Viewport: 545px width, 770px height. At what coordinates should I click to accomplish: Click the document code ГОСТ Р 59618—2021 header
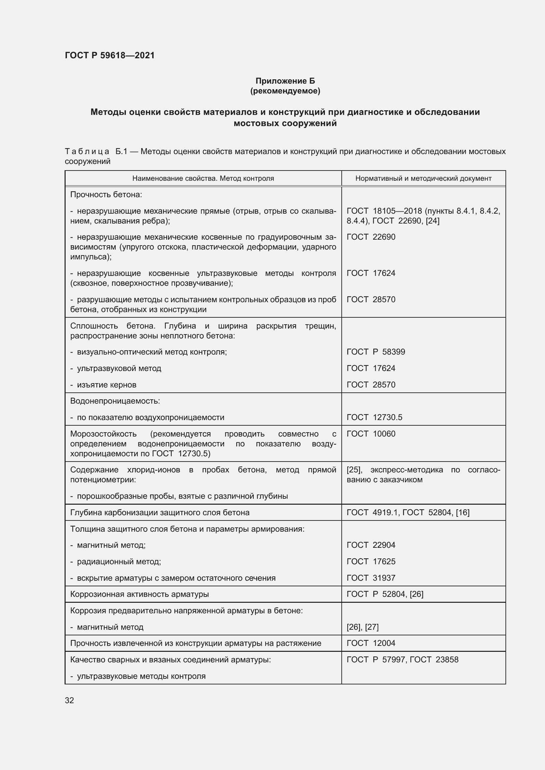click(110, 55)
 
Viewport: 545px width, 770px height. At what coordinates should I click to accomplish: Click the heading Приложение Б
click(285, 81)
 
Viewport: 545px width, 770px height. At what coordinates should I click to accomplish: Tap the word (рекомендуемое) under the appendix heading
click(285, 91)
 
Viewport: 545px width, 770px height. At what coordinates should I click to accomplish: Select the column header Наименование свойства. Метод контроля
click(203, 178)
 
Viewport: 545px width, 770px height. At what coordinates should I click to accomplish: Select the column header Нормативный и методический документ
click(423, 178)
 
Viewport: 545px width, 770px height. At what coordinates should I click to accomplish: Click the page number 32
click(70, 700)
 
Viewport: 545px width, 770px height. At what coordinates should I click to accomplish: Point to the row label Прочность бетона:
click(106, 195)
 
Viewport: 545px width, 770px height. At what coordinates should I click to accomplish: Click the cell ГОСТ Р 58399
click(376, 352)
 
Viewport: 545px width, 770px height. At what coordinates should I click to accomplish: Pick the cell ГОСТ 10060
click(371, 434)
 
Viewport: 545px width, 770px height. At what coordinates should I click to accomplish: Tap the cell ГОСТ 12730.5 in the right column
click(374, 417)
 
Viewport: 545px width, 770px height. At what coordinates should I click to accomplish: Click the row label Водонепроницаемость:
click(115, 401)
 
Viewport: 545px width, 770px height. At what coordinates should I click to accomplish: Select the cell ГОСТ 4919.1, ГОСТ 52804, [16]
click(408, 513)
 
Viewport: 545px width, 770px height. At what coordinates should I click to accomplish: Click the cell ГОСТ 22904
click(371, 545)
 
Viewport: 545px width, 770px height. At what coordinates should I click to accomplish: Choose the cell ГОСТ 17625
click(371, 561)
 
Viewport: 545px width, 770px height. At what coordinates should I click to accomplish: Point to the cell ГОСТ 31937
click(371, 578)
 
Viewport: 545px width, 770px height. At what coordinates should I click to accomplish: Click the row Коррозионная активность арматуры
click(139, 594)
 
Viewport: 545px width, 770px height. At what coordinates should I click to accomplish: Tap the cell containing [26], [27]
click(362, 627)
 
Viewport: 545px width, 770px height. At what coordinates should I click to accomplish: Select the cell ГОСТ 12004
click(371, 643)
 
